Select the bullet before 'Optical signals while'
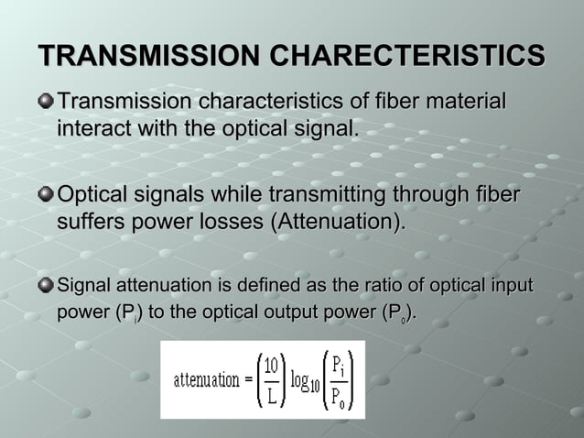[x=46, y=195]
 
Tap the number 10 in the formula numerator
[x=272, y=366]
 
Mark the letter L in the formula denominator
[x=272, y=394]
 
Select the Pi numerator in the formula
[x=338, y=365]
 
